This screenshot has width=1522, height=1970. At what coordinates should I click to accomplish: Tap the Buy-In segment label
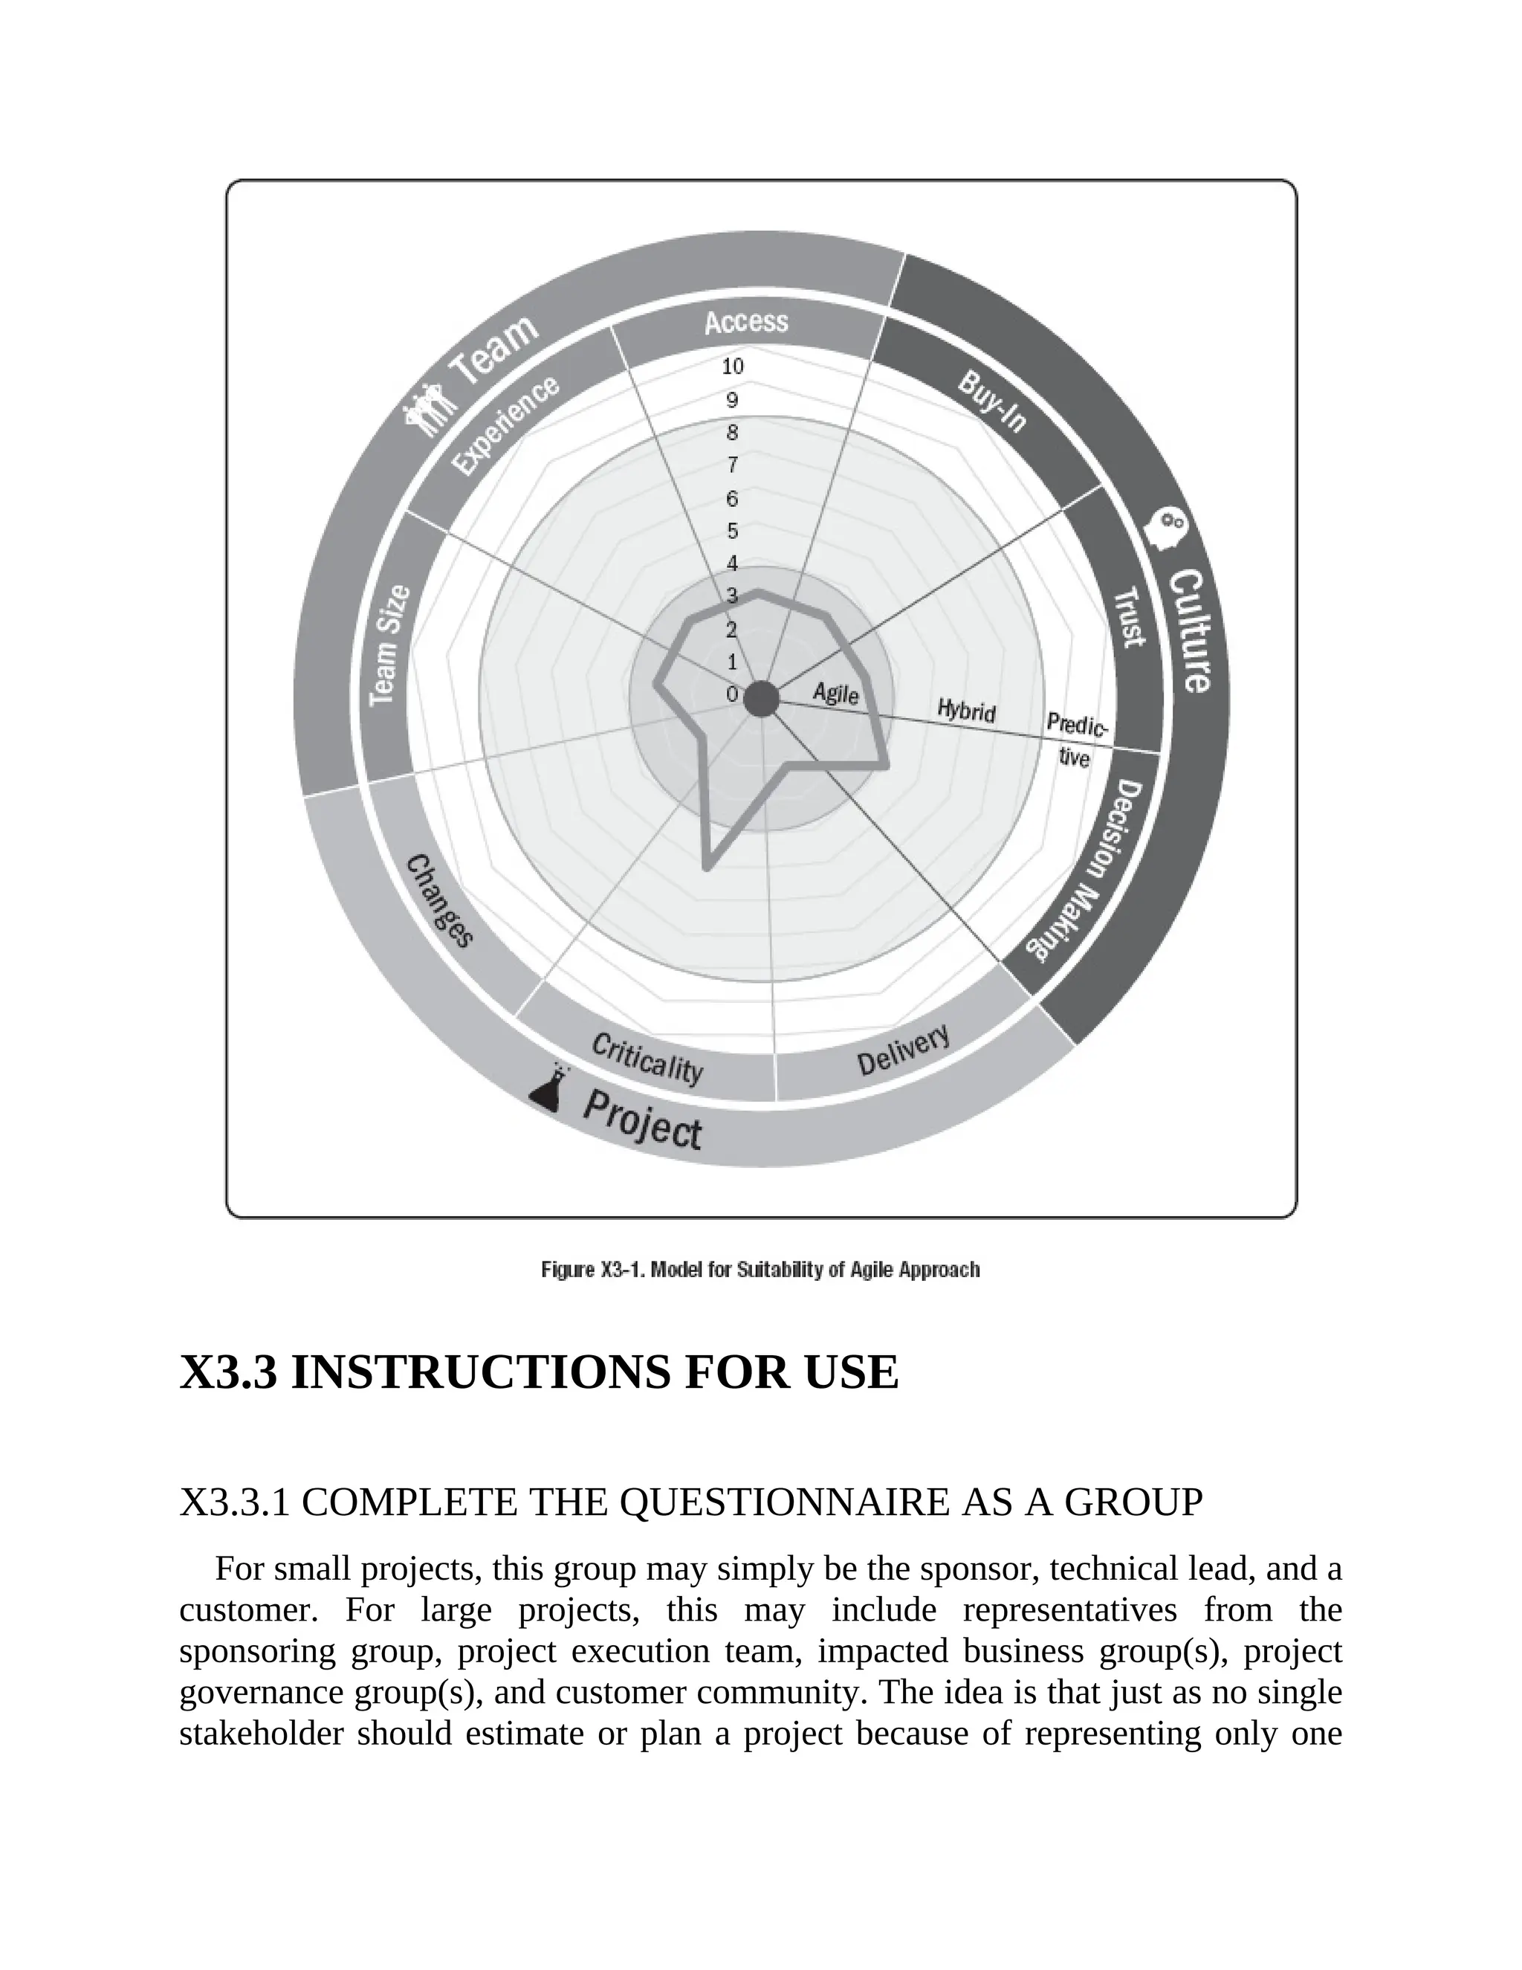(x=992, y=401)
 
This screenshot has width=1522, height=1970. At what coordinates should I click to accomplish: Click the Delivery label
(x=902, y=1051)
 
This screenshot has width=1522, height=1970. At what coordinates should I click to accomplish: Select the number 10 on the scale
(x=732, y=366)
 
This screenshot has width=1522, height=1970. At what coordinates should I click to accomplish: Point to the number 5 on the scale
(x=732, y=530)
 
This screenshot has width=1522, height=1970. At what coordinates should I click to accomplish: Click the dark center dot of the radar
(x=761, y=699)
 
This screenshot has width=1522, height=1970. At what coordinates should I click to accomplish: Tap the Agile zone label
(x=836, y=693)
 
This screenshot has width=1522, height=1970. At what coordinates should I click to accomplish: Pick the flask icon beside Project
(x=550, y=1089)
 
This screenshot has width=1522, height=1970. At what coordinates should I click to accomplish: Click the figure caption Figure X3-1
(x=760, y=1270)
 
